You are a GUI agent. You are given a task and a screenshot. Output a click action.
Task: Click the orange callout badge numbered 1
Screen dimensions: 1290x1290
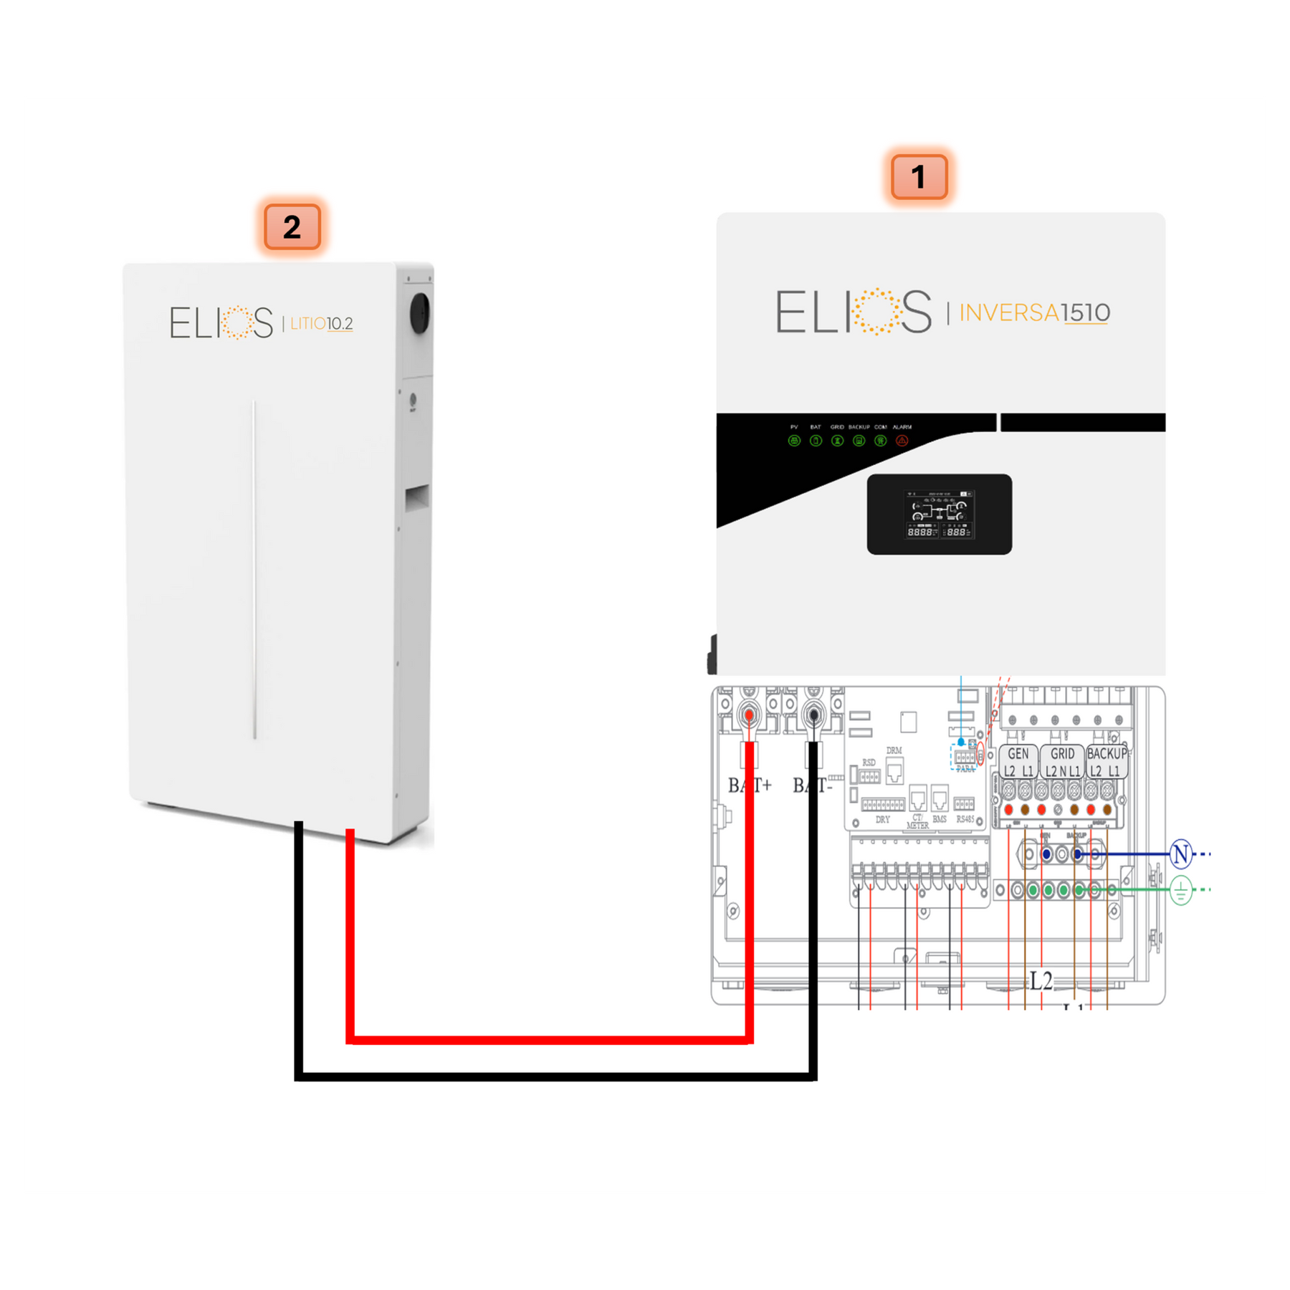click(919, 177)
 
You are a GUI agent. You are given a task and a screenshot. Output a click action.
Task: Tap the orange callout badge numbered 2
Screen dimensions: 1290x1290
click(292, 227)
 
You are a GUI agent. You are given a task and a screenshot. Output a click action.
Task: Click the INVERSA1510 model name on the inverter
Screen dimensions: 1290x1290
click(1034, 313)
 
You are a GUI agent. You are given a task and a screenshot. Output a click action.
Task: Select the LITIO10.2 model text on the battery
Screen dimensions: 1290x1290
click(321, 324)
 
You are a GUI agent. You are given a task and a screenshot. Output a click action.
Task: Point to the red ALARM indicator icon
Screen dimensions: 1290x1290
click(902, 441)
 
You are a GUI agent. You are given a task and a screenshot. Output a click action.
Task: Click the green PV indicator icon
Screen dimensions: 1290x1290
click(794, 441)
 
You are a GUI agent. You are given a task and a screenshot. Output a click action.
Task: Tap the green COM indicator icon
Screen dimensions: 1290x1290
click(881, 441)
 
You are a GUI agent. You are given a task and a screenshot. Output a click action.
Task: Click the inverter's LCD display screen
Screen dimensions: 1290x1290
click(940, 514)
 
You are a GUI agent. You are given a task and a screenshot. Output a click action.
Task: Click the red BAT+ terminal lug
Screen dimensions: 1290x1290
click(750, 715)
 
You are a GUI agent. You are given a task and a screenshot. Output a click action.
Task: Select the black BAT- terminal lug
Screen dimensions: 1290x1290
click(813, 715)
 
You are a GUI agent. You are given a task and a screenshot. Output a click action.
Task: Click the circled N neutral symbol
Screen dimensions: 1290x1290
click(1180, 854)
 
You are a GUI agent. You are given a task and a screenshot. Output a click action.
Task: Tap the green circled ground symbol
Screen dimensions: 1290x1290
click(1180, 891)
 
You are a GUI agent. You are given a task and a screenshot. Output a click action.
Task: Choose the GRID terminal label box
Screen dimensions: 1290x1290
click(1062, 761)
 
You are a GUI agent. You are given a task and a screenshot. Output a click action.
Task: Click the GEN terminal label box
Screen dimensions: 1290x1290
click(1018, 761)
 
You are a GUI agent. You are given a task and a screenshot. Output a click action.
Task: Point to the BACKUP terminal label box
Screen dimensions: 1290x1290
click(1107, 761)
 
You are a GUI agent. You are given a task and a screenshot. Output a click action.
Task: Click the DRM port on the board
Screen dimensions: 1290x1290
click(894, 771)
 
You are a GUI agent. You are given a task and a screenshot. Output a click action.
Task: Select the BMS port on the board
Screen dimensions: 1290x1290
click(940, 798)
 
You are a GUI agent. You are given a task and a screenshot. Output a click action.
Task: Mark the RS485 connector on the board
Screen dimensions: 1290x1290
click(965, 804)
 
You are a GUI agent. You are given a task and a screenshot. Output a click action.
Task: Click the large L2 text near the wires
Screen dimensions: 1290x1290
click(1041, 981)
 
